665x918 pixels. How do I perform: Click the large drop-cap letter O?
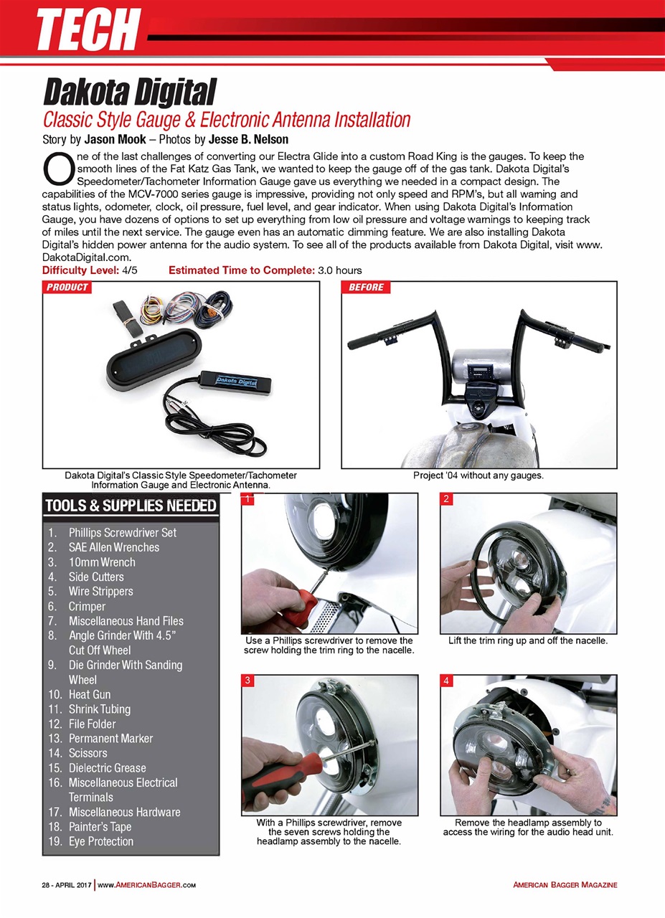click(x=57, y=169)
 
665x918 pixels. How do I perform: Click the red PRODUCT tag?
click(x=68, y=288)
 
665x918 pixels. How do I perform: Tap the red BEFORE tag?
click(x=366, y=288)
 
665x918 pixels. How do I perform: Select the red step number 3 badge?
click(x=247, y=681)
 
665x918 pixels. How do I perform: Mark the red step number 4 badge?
click(x=445, y=681)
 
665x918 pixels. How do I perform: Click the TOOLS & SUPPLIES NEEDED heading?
click(x=131, y=506)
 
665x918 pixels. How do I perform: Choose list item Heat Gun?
click(x=90, y=694)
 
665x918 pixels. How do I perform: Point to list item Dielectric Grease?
click(x=107, y=767)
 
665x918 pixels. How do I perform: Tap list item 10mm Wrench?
click(x=102, y=562)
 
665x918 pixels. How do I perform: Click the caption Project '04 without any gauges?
click(x=478, y=475)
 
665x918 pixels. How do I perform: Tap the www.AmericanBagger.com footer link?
click(x=146, y=885)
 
